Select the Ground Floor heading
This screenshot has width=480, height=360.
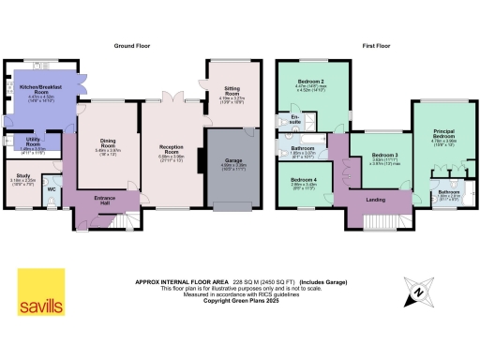click(133, 45)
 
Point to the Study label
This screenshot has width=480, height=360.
click(24, 175)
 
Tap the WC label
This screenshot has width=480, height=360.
click(51, 188)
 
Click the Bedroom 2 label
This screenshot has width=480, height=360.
click(310, 82)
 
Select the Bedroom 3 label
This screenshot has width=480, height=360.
click(383, 155)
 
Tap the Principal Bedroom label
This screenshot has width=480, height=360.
click(442, 134)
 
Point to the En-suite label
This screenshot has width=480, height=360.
click(294, 121)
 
